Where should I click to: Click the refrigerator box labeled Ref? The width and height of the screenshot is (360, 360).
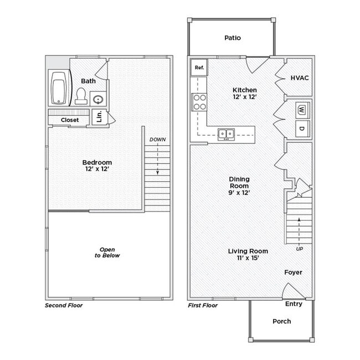click(199, 68)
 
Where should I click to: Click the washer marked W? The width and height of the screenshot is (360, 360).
click(302, 109)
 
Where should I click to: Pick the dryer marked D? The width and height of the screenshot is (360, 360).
click(302, 128)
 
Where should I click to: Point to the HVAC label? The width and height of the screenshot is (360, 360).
click(300, 78)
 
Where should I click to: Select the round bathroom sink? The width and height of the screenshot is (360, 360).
click(97, 100)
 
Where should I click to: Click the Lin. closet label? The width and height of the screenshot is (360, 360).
click(99, 117)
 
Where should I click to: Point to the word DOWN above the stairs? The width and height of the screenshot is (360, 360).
click(157, 140)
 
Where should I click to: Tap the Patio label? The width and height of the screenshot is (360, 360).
click(233, 38)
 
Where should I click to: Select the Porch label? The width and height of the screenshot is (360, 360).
click(281, 321)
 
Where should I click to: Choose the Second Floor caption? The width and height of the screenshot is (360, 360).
click(64, 305)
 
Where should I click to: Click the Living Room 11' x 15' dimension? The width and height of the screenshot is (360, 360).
click(244, 258)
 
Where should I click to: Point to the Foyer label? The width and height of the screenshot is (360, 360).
click(293, 272)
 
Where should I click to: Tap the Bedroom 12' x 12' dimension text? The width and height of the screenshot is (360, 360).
click(97, 169)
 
